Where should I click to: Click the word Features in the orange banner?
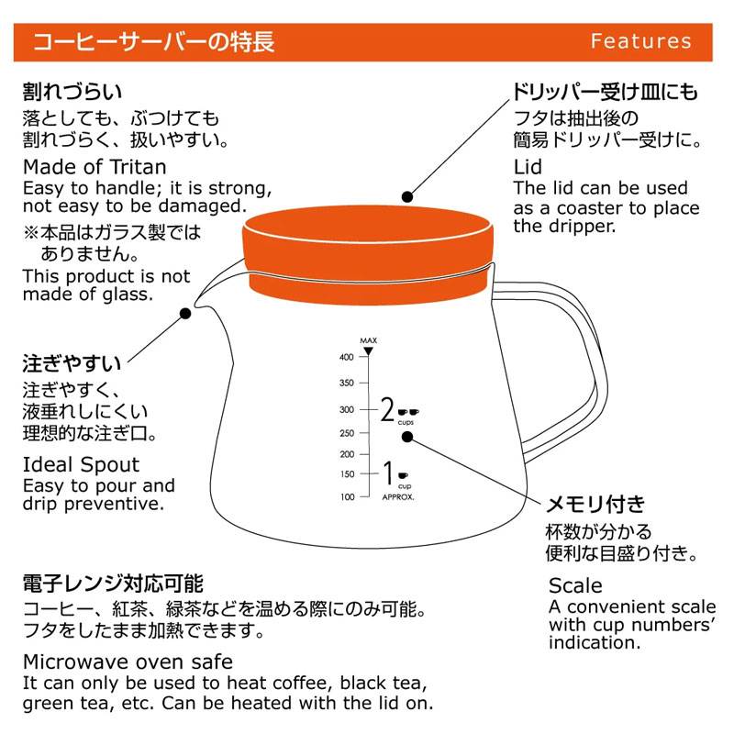(x=640, y=41)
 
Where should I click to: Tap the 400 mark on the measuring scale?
(x=347, y=357)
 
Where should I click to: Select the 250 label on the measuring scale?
(x=347, y=433)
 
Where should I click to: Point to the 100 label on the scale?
(x=348, y=496)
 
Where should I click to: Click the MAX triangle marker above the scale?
(x=369, y=350)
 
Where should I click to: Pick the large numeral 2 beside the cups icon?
(x=387, y=409)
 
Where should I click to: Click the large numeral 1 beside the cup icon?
(x=387, y=473)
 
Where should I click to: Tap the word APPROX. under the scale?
(x=398, y=497)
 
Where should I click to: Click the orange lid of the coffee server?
(x=368, y=255)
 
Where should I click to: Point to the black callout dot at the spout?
(x=185, y=313)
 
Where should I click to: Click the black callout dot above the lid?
(x=407, y=197)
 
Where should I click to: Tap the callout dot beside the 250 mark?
(x=407, y=437)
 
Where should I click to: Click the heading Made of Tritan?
(x=95, y=167)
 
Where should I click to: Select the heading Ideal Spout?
(x=81, y=465)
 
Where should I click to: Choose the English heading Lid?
(x=528, y=167)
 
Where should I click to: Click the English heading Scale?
(x=575, y=585)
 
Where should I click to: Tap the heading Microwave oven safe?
(x=128, y=662)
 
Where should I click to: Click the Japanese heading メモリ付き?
(x=595, y=504)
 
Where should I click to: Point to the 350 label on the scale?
(x=347, y=383)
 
